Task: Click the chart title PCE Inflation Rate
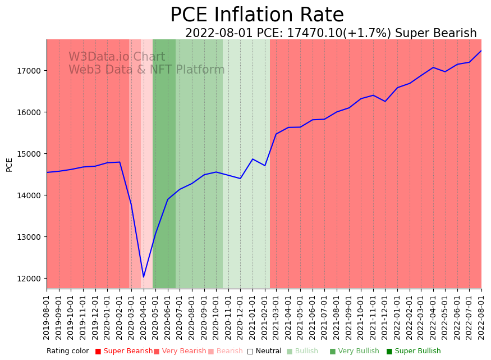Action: tap(257, 15)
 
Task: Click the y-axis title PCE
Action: tap(9, 165)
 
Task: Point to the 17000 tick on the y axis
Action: tap(30, 71)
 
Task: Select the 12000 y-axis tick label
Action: tap(30, 279)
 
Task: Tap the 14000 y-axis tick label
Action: tap(30, 195)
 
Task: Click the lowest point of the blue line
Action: tap(143, 277)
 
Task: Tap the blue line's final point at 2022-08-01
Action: tap(481, 51)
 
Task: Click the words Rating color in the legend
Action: tap(67, 351)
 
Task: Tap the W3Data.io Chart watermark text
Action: tap(117, 57)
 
